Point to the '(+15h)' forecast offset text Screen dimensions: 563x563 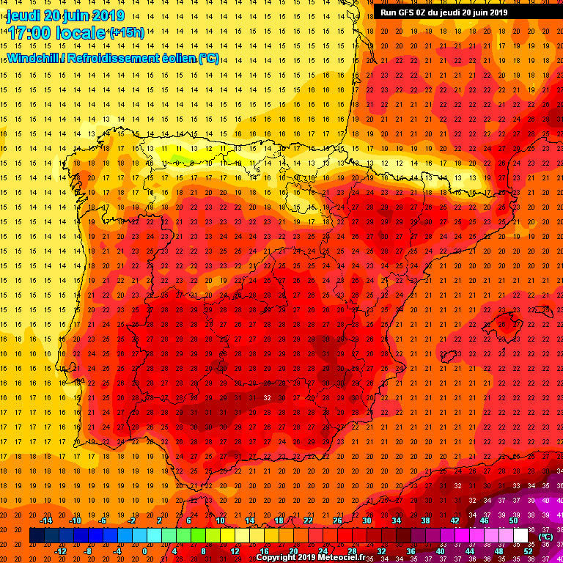126,32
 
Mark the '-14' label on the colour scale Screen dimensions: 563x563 45,520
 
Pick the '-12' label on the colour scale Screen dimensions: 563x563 59,551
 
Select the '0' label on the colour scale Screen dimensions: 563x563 144,551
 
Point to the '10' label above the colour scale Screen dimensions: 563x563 219,520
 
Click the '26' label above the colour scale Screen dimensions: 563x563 337,520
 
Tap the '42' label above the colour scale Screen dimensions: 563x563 455,520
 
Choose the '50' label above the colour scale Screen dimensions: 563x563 513,520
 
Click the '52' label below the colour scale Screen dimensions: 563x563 528,551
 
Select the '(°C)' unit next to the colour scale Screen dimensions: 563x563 545,536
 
